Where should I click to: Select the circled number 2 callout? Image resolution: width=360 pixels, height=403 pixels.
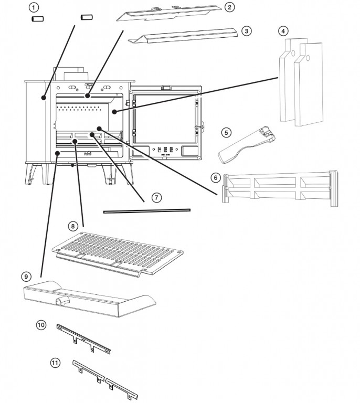pos(229,7)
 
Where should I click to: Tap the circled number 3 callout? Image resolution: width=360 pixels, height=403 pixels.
pos(247,31)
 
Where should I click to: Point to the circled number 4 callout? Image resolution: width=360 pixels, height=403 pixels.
pos(283,31)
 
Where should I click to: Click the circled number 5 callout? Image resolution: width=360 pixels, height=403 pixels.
pos(226,132)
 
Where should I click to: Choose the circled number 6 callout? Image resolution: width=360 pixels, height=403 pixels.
pos(215,177)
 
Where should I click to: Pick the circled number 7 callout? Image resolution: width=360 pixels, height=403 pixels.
pos(156,198)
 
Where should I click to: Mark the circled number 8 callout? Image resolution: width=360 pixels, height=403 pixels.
pos(73,226)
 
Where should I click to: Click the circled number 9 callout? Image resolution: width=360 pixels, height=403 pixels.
pos(25,276)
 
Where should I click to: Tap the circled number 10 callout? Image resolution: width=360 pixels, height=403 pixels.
pos(41,324)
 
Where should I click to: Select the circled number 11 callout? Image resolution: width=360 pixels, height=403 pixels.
pos(55,362)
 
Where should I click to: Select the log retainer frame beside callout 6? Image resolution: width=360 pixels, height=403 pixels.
pos(278,186)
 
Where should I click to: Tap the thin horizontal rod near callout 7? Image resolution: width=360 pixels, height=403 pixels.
pos(147,211)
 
